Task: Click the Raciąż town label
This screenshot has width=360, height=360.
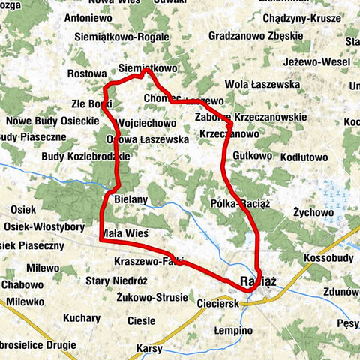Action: coord(259,280)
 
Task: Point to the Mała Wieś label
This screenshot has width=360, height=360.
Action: coord(124,232)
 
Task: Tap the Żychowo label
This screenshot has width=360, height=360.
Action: coord(313,212)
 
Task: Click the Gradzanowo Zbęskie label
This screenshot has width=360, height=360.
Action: coord(255,36)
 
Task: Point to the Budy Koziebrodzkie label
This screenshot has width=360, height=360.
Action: coord(85,157)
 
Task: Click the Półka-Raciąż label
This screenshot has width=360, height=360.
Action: coord(241,203)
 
